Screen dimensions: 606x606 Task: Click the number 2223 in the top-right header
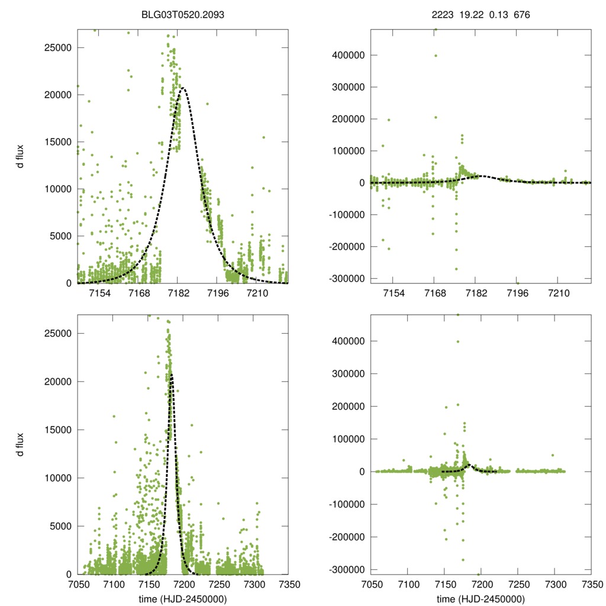[442, 13]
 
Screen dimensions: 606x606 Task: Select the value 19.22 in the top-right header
[471, 13]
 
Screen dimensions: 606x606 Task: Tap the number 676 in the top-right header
[523, 13]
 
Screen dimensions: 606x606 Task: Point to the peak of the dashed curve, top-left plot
[183, 88]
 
